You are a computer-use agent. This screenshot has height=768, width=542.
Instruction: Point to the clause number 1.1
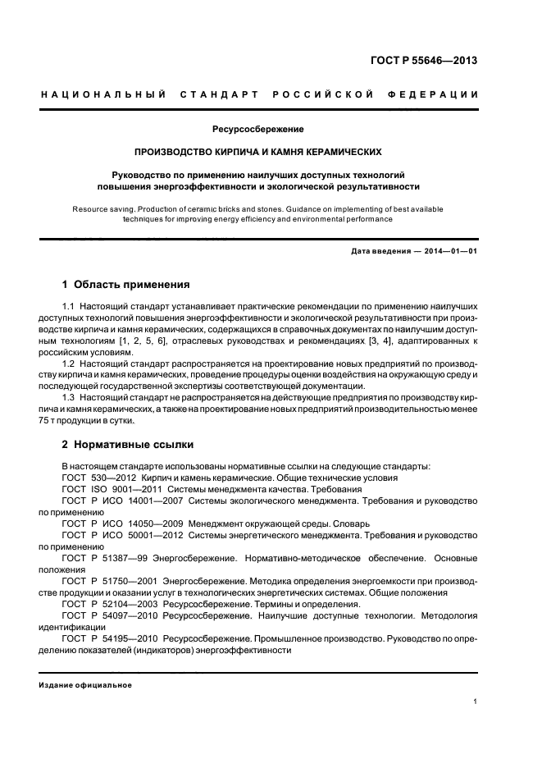(x=69, y=306)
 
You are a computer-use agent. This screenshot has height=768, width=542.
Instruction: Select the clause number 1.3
(x=69, y=397)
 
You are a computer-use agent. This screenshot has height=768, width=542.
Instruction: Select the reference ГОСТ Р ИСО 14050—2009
(x=122, y=523)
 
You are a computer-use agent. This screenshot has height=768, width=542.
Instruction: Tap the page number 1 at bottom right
(x=476, y=702)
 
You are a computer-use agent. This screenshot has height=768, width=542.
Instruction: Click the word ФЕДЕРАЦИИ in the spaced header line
(x=437, y=94)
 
